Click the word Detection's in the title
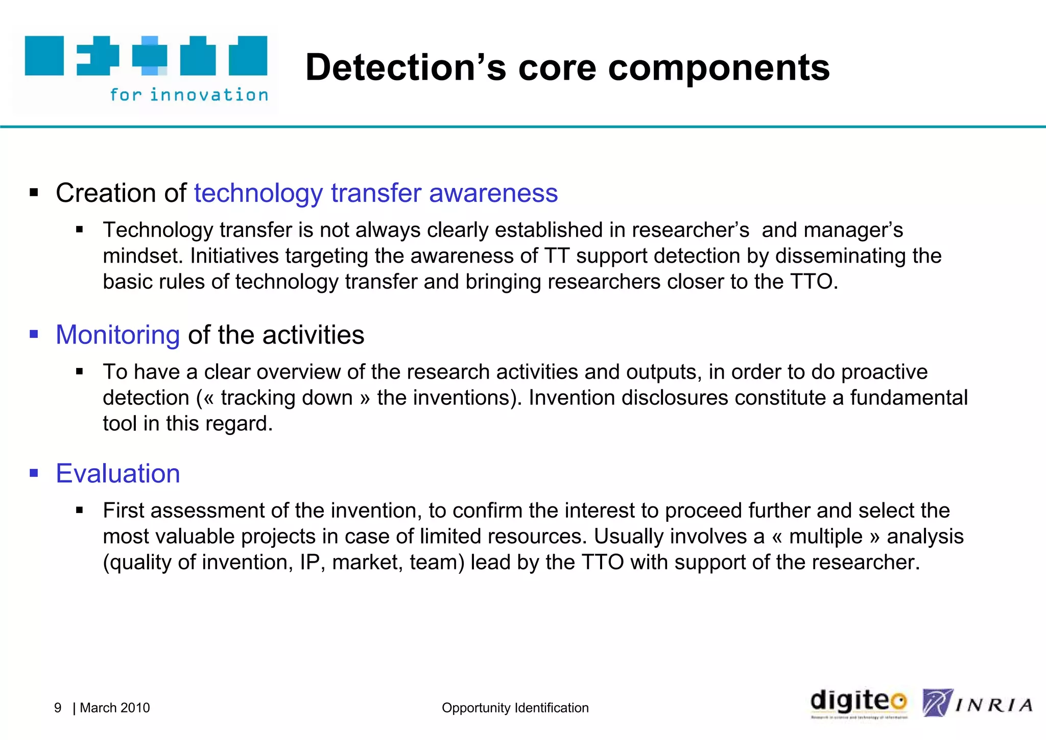point(406,67)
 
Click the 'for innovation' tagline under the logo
point(189,95)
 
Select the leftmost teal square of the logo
point(44,56)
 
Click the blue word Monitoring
point(117,335)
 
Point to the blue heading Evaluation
point(117,474)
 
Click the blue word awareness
point(493,193)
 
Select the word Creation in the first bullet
point(106,193)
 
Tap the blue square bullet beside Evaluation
point(34,473)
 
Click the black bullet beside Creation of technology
point(34,193)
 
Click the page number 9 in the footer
point(58,708)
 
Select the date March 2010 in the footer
point(115,708)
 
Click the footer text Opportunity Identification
point(515,708)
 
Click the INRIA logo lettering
point(993,706)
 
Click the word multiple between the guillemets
point(825,537)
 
